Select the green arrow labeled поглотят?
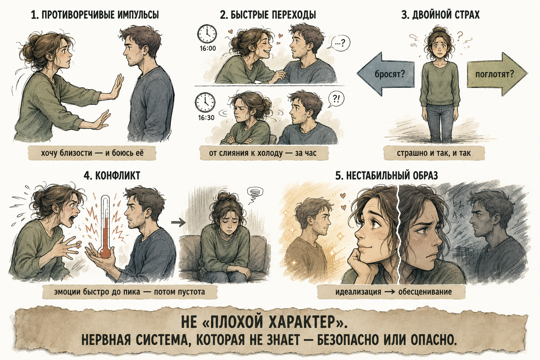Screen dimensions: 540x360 (497, 74)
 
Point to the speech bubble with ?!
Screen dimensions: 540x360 (336, 99)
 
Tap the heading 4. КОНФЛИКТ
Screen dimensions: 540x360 (112, 175)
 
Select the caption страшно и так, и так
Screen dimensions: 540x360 (434, 153)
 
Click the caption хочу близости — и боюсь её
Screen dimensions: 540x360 (92, 153)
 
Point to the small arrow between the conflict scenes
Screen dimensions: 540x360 (178, 222)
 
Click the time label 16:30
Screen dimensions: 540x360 (206, 118)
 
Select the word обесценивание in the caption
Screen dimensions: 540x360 (425, 292)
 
